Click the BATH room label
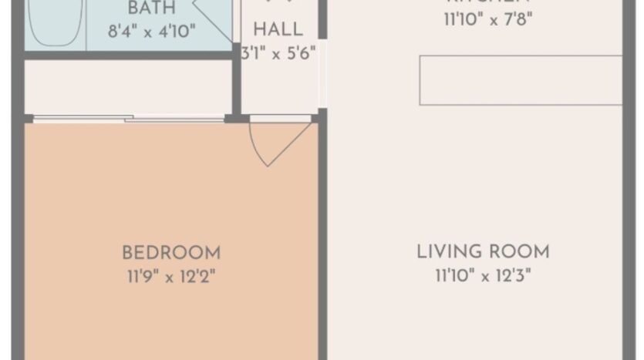click(x=151, y=8)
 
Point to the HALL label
click(x=278, y=30)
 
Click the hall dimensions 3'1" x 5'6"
click(x=278, y=55)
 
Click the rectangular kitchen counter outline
click(x=521, y=80)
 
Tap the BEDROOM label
click(x=171, y=253)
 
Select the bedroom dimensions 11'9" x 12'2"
click(x=171, y=276)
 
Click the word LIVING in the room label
click(x=450, y=252)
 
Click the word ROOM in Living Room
click(x=519, y=252)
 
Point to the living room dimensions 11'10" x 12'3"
click(x=483, y=275)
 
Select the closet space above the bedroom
click(x=129, y=86)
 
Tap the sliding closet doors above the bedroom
click(x=129, y=118)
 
